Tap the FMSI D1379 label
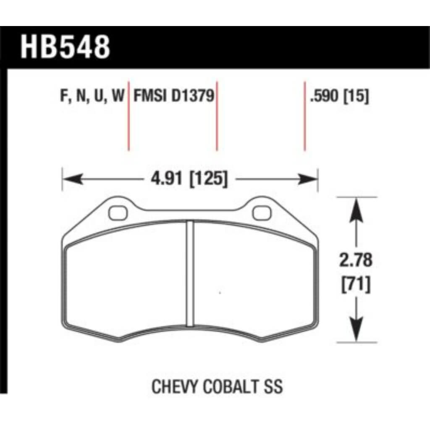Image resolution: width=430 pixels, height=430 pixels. point(174,96)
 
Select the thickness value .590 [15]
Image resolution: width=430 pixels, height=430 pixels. point(339,97)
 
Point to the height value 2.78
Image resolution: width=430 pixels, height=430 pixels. point(356,260)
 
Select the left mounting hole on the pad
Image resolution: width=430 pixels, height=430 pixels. point(118,213)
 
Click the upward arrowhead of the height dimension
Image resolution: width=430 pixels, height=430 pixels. point(356,208)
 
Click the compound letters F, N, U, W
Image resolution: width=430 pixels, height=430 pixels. point(93,97)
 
